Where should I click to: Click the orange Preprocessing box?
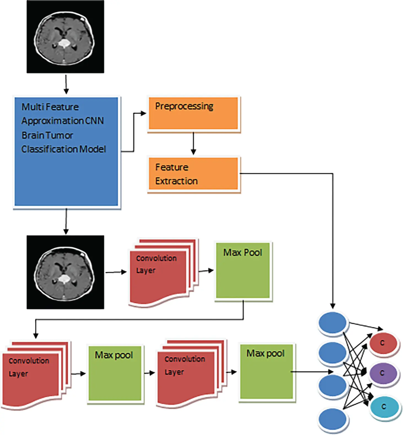(x=193, y=113)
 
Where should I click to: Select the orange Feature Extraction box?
(x=193, y=174)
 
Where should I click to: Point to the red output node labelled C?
(x=383, y=343)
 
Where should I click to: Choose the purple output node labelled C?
(x=383, y=373)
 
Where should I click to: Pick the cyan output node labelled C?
(x=385, y=407)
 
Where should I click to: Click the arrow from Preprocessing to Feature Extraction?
(x=193, y=143)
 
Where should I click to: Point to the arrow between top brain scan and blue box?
(x=66, y=84)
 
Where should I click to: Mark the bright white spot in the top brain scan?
(x=64, y=43)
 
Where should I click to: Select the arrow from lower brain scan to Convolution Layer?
(x=116, y=272)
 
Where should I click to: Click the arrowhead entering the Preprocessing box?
(x=143, y=113)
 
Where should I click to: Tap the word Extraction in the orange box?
(x=176, y=181)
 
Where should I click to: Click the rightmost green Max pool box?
(x=266, y=372)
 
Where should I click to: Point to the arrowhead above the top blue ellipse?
(x=333, y=306)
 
